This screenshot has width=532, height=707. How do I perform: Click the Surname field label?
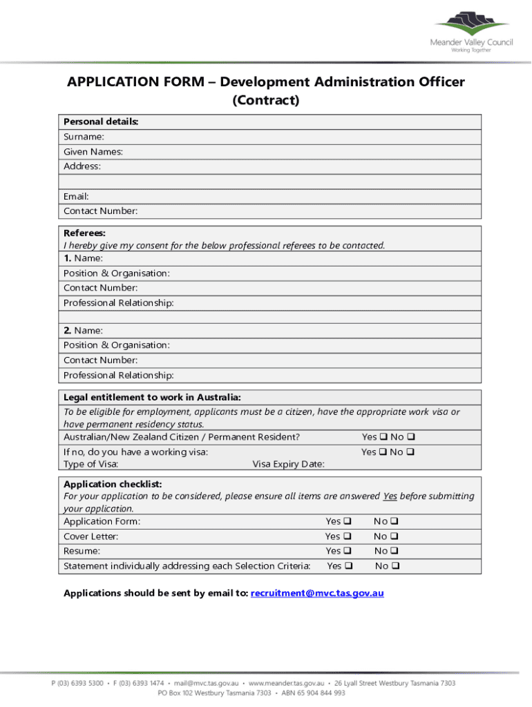84,137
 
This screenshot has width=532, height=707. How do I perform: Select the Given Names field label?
93,152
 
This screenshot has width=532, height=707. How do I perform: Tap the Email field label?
76,197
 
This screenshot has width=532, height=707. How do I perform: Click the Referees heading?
84,233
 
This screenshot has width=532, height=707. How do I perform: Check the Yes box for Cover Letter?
348,536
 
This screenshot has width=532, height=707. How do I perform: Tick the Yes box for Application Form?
348,521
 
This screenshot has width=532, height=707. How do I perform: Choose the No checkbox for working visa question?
410,452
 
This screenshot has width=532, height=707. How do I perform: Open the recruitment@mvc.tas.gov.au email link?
317,593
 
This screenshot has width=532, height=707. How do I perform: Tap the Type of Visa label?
91,464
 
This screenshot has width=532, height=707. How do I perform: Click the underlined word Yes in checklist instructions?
390,496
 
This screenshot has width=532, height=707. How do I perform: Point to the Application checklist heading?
113,484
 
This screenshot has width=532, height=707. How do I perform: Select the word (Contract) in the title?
266,101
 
